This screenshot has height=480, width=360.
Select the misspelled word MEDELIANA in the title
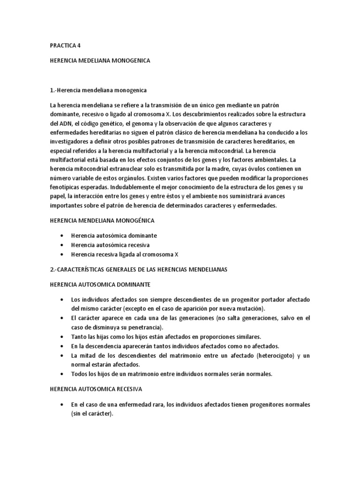102,60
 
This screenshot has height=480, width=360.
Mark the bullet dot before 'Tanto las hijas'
62,337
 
